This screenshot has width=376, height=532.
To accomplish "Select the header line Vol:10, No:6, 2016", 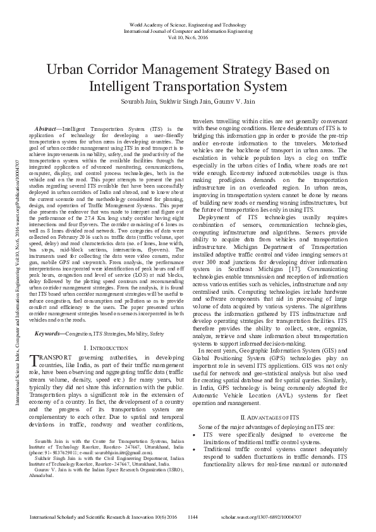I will [188, 37].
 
